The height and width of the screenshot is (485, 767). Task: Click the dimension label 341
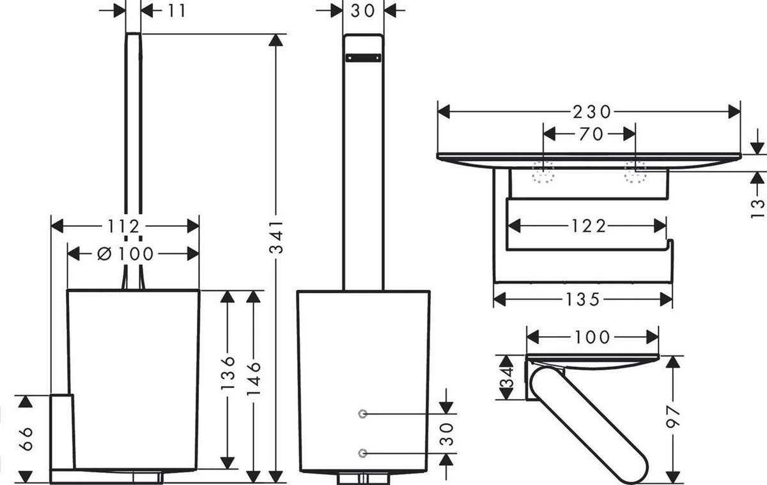(x=276, y=238)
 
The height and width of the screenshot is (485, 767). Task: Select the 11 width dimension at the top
(x=176, y=11)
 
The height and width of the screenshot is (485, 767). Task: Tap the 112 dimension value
(x=123, y=226)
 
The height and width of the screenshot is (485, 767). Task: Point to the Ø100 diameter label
(x=125, y=254)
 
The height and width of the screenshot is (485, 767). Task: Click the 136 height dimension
(x=228, y=373)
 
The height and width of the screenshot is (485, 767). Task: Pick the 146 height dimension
(x=253, y=378)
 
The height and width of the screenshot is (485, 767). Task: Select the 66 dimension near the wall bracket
(x=26, y=438)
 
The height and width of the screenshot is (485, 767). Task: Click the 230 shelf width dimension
(x=592, y=112)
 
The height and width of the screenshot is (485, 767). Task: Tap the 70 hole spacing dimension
(x=591, y=134)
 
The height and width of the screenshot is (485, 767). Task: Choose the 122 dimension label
(x=589, y=226)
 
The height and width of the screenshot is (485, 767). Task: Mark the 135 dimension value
(x=582, y=300)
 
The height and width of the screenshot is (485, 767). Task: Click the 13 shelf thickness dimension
(x=757, y=208)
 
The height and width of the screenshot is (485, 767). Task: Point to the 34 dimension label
(x=506, y=377)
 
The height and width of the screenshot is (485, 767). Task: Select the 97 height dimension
(x=673, y=417)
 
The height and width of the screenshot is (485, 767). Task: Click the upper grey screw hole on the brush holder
(x=363, y=414)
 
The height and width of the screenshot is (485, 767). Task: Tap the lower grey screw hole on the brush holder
(x=363, y=453)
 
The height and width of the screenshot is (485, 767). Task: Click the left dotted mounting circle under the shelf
(x=543, y=172)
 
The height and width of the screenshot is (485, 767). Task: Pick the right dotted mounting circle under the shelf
(x=635, y=172)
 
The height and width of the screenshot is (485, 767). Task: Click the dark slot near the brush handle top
(x=363, y=58)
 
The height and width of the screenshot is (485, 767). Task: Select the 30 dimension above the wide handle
(x=363, y=11)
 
